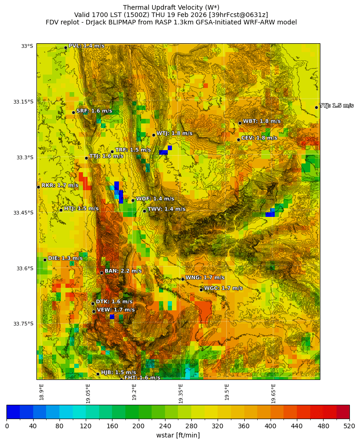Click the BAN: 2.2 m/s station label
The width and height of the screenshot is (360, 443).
pyautogui.click(x=123, y=271)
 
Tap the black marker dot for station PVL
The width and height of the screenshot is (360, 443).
pyautogui.click(x=65, y=47)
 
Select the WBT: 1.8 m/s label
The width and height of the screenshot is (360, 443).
pyautogui.click(x=261, y=122)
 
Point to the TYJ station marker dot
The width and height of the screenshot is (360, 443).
pyautogui.click(x=316, y=107)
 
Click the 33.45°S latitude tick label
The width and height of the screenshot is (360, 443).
pyautogui.click(x=22, y=213)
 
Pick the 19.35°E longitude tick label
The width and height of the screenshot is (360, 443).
pyautogui.click(x=181, y=393)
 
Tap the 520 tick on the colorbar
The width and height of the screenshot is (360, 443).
pyautogui.click(x=349, y=426)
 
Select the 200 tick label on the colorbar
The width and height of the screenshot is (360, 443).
pyautogui.click(x=138, y=426)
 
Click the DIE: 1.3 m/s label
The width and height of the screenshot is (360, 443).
pyautogui.click(x=65, y=258)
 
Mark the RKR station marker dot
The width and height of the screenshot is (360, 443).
pyautogui.click(x=38, y=187)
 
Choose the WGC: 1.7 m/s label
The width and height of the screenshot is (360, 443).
pyautogui.click(x=223, y=288)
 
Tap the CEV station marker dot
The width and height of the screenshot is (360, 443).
pyautogui.click(x=238, y=140)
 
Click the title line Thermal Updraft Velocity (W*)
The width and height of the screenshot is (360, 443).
pyautogui.click(x=171, y=7)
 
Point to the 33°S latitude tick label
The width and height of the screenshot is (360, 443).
pyautogui.click(x=27, y=46)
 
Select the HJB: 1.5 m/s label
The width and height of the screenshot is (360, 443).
pyautogui.click(x=118, y=373)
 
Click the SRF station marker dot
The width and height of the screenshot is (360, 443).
pyautogui.click(x=73, y=112)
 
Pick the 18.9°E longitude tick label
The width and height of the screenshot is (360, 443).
pyautogui.click(x=41, y=392)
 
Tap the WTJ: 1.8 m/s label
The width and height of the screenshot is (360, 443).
pyautogui.click(x=174, y=134)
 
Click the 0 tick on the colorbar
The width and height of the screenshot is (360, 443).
pyautogui.click(x=7, y=426)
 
